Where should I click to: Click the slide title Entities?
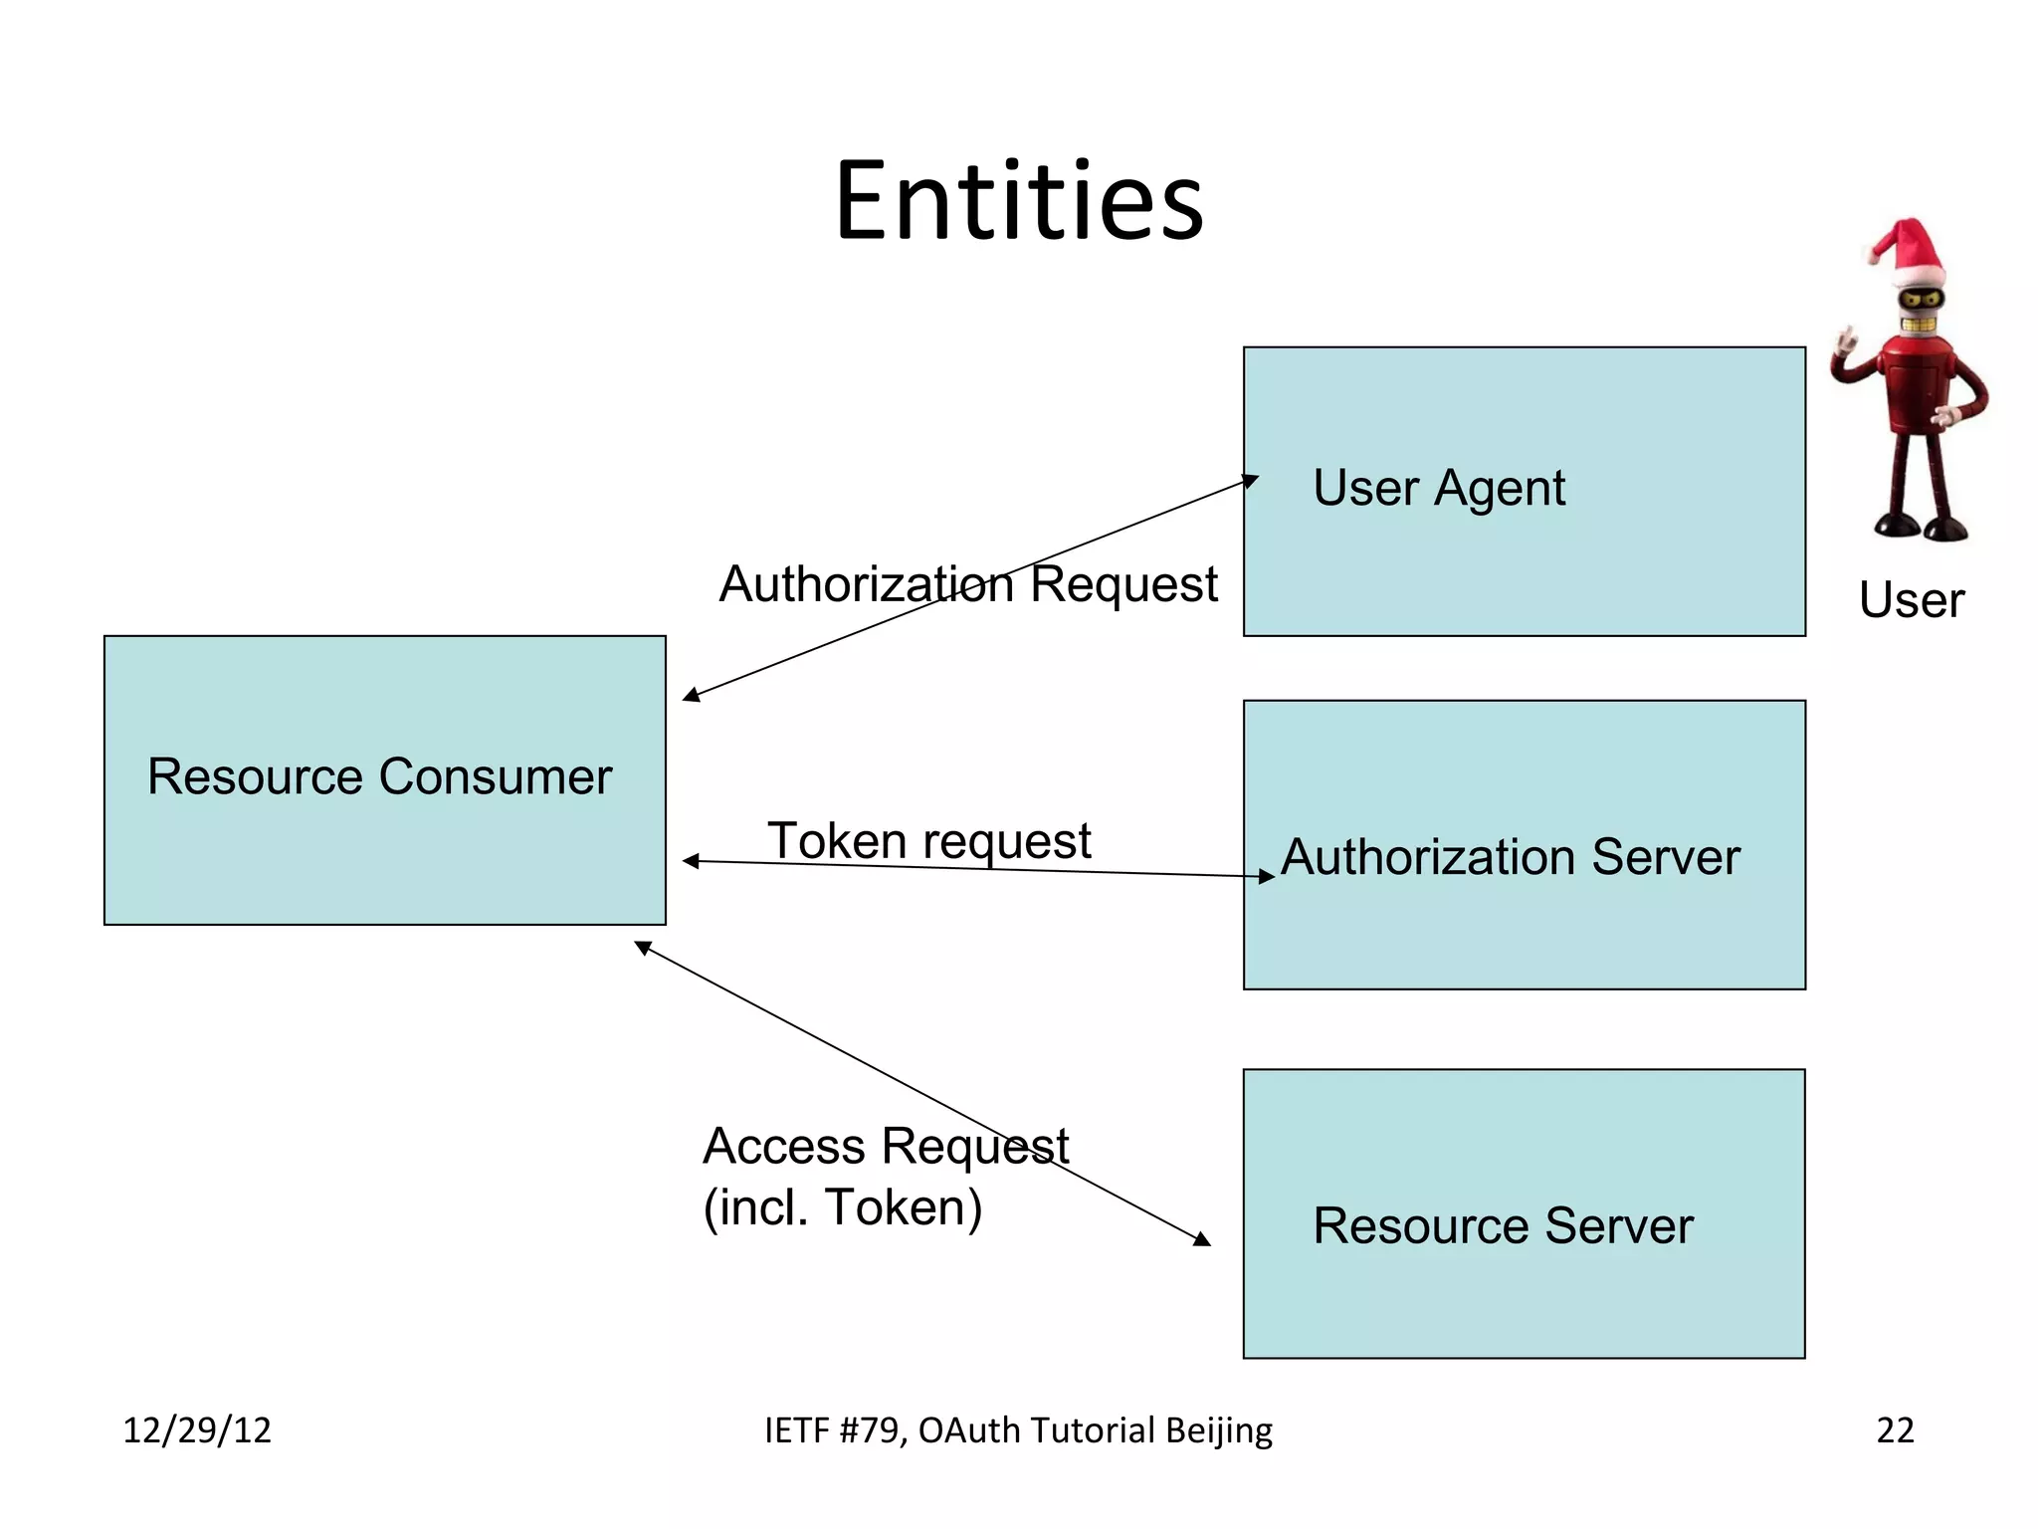pos(1019,201)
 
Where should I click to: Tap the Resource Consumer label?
pos(379,776)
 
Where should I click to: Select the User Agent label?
pos(1439,488)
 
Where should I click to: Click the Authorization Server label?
pos(1511,857)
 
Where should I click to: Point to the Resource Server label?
pos(1503,1225)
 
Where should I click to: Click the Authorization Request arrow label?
pos(968,584)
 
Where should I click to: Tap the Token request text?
pos(929,841)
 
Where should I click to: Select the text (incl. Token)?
pos(843,1207)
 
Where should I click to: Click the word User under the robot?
pos(1912,600)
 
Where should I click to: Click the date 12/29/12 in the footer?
pos(197,1430)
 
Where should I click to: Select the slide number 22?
pos(1895,1430)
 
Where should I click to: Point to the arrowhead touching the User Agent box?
pos(1251,482)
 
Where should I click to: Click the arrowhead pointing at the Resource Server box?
pos(1202,1239)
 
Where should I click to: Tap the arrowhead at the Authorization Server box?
pos(1266,876)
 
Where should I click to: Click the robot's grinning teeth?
pos(1918,325)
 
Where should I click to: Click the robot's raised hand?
pos(1847,342)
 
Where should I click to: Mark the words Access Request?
pos(886,1146)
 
